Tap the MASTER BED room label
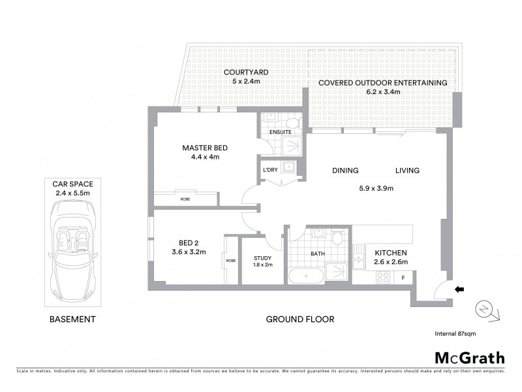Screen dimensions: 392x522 (204, 148)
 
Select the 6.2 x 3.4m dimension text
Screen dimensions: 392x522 (382, 92)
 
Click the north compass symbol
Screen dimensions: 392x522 (487, 310)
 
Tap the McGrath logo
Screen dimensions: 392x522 (469, 357)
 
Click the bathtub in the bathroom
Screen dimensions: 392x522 (306, 275)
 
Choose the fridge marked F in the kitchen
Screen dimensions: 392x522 (404, 278)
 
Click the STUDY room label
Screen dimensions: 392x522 (262, 259)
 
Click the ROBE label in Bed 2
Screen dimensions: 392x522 (230, 260)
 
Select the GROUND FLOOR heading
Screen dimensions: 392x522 (300, 319)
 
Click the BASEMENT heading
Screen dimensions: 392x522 (72, 319)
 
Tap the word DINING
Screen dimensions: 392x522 (345, 171)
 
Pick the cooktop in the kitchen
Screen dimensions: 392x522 (382, 277)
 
